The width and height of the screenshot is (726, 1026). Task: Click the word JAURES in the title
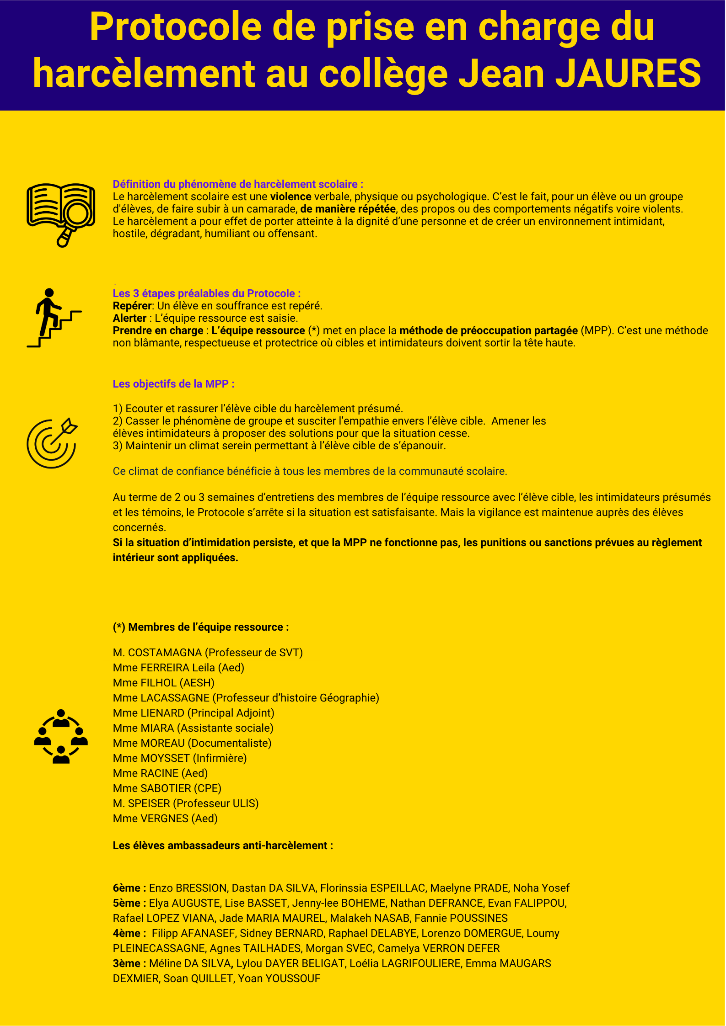click(x=628, y=73)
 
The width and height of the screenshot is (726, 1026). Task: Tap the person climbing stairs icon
click(x=54, y=318)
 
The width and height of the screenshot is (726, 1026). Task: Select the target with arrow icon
click(x=52, y=443)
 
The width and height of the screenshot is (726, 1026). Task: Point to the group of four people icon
click(x=61, y=736)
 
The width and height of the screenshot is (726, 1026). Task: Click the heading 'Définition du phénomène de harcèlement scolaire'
click(x=237, y=184)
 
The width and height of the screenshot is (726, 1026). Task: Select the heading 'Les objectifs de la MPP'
click(x=173, y=384)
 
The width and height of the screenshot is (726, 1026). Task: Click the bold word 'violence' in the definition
click(x=290, y=197)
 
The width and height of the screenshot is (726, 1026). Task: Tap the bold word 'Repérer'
click(x=132, y=306)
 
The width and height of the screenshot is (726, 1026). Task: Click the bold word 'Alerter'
click(x=129, y=318)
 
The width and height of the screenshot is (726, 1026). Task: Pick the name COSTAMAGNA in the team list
click(x=165, y=653)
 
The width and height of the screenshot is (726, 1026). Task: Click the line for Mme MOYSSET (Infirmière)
click(x=180, y=758)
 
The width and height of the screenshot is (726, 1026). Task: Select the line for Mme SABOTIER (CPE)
click(x=167, y=788)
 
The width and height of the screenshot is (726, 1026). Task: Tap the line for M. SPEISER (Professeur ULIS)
click(x=186, y=803)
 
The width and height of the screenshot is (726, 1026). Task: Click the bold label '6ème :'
click(x=129, y=888)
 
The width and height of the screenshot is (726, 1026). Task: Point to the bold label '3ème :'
click(x=129, y=963)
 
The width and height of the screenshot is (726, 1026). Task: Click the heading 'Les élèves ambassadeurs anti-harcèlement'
click(x=222, y=845)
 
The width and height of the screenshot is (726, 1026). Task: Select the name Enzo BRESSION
click(x=188, y=888)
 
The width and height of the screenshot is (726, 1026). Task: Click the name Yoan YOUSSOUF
click(x=279, y=978)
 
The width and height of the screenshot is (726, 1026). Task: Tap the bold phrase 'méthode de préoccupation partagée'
click(x=488, y=330)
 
